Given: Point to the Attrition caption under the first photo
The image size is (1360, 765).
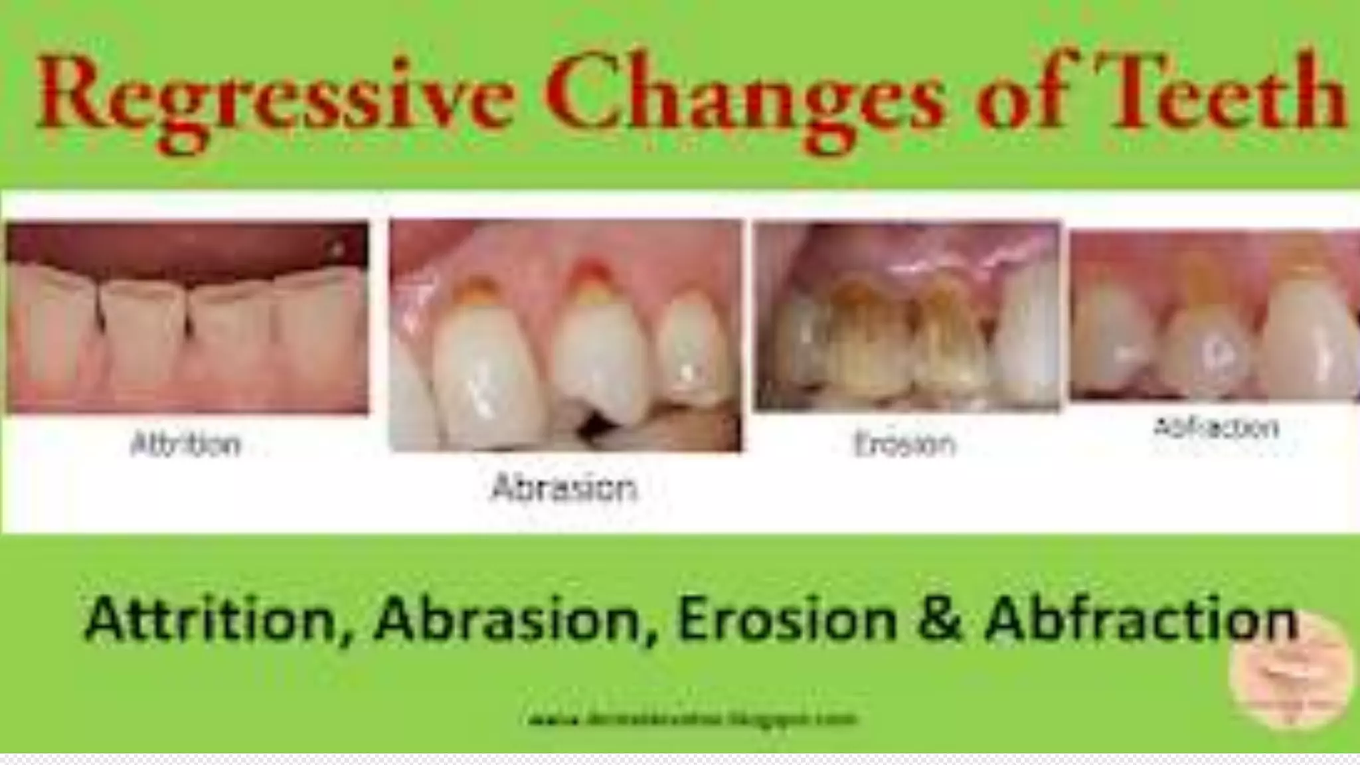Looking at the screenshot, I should [186, 444].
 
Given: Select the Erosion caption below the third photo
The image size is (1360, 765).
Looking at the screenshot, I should [904, 444].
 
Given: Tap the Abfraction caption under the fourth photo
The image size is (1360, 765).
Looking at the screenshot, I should [1215, 427].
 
